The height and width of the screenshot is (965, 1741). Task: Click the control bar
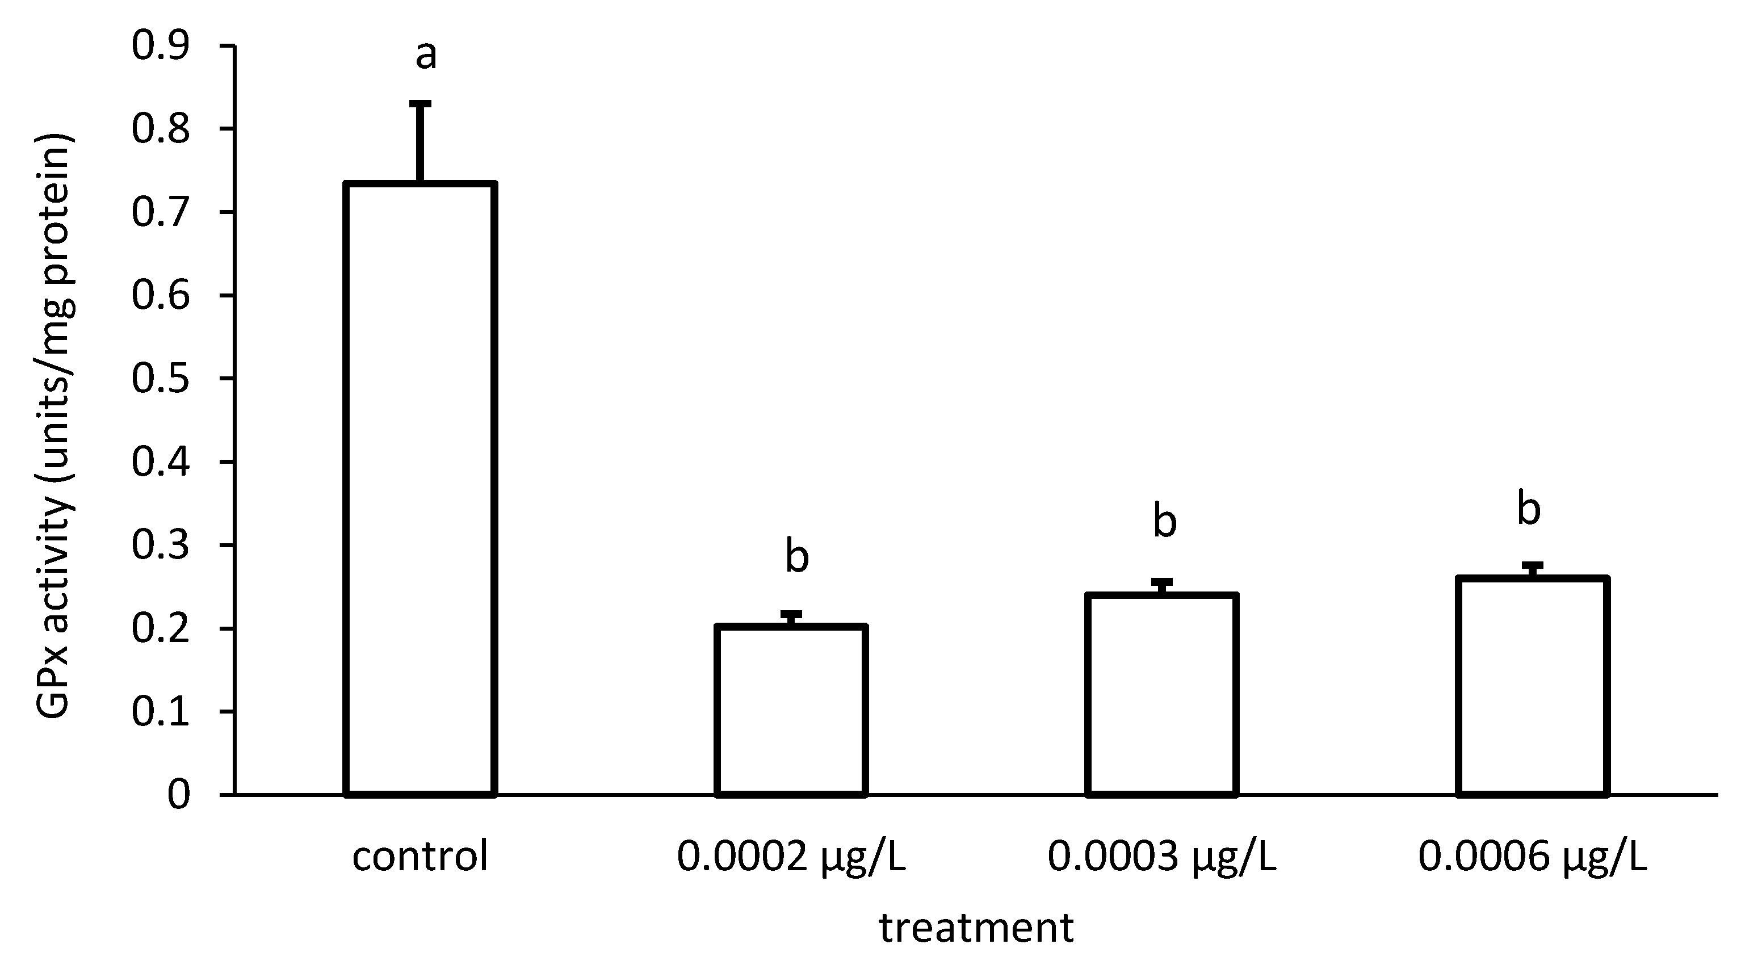pos(421,488)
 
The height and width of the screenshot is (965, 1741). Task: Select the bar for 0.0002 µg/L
pos(791,710)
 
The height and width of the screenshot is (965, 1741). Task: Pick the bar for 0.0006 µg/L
pos(1532,685)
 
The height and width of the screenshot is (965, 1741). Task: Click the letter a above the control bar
pos(426,56)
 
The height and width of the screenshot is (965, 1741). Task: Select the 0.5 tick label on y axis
pos(160,379)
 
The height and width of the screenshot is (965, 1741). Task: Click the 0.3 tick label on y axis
pos(160,546)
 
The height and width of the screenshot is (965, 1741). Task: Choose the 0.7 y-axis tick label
pos(160,212)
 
